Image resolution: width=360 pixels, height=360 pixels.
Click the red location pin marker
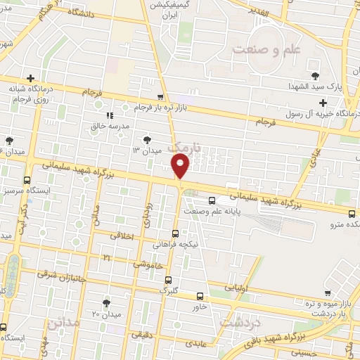(181, 166)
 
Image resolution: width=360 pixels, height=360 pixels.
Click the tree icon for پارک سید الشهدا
(314, 76)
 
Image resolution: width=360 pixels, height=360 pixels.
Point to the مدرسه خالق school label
(134, 126)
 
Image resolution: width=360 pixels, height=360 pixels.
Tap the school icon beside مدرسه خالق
(110, 115)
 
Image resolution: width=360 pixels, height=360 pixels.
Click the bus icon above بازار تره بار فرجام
(161, 97)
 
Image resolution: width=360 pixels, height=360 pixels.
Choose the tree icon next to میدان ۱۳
(147, 139)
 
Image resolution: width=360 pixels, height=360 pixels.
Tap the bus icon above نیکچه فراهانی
(176, 233)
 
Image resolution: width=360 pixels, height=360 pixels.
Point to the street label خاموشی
(148, 264)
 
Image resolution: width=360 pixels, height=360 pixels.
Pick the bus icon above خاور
(200, 296)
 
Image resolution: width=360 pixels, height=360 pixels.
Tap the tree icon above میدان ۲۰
(107, 303)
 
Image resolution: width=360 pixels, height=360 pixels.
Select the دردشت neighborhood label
(242, 321)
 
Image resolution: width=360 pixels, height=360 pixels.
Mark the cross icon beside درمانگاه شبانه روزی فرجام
(30, 78)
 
